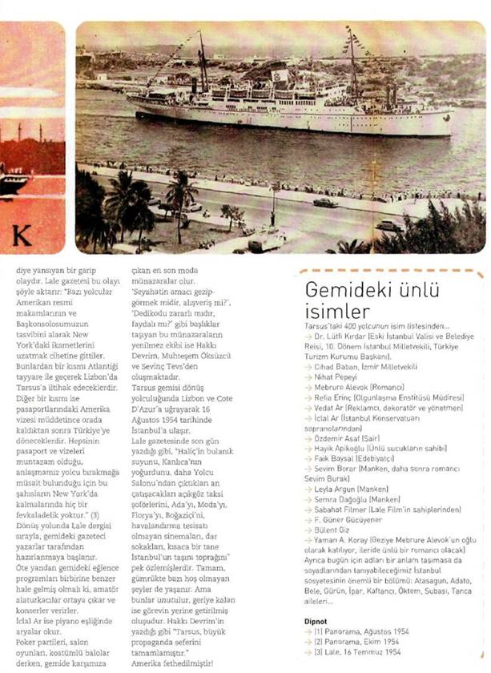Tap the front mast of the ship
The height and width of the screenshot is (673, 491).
[x=201, y=62]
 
